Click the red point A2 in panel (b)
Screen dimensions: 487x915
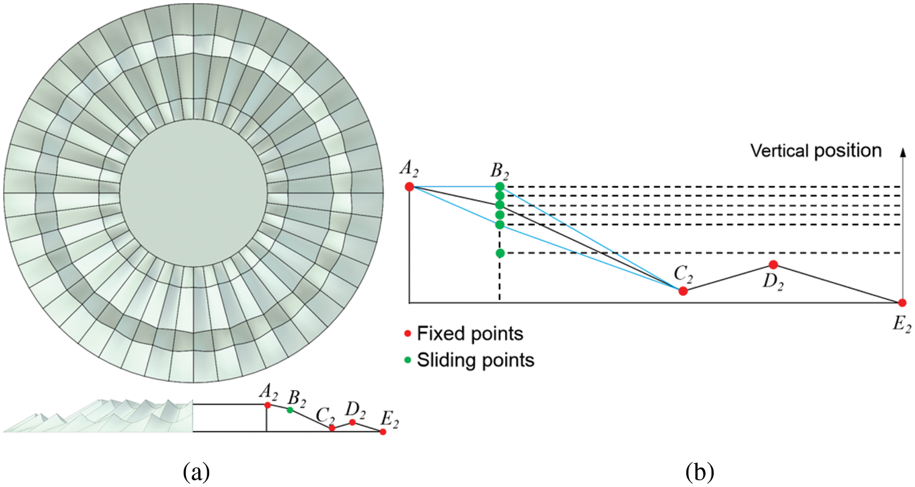(409, 186)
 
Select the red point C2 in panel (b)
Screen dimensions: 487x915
(683, 291)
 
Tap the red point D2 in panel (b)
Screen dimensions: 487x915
(773, 264)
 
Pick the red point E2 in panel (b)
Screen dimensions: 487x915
(902, 303)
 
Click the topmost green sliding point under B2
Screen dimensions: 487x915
(500, 186)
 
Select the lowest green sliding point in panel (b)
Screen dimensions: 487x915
(500, 253)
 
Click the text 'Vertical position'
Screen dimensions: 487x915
(816, 151)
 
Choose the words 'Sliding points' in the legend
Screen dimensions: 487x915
(476, 360)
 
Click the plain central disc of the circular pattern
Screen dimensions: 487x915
(193, 193)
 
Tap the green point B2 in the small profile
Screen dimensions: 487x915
(290, 409)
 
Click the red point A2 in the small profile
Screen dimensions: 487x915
(267, 405)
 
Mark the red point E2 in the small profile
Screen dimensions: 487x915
(382, 431)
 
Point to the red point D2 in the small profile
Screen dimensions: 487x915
(353, 422)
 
